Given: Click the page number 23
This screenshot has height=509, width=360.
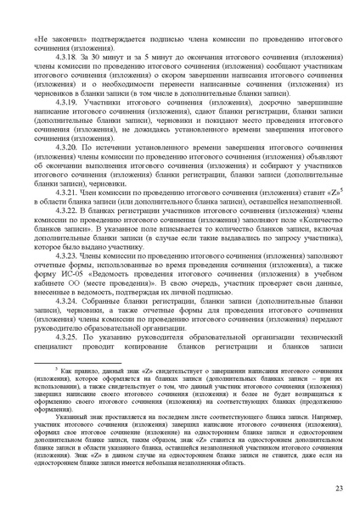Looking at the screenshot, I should coord(337,487).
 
